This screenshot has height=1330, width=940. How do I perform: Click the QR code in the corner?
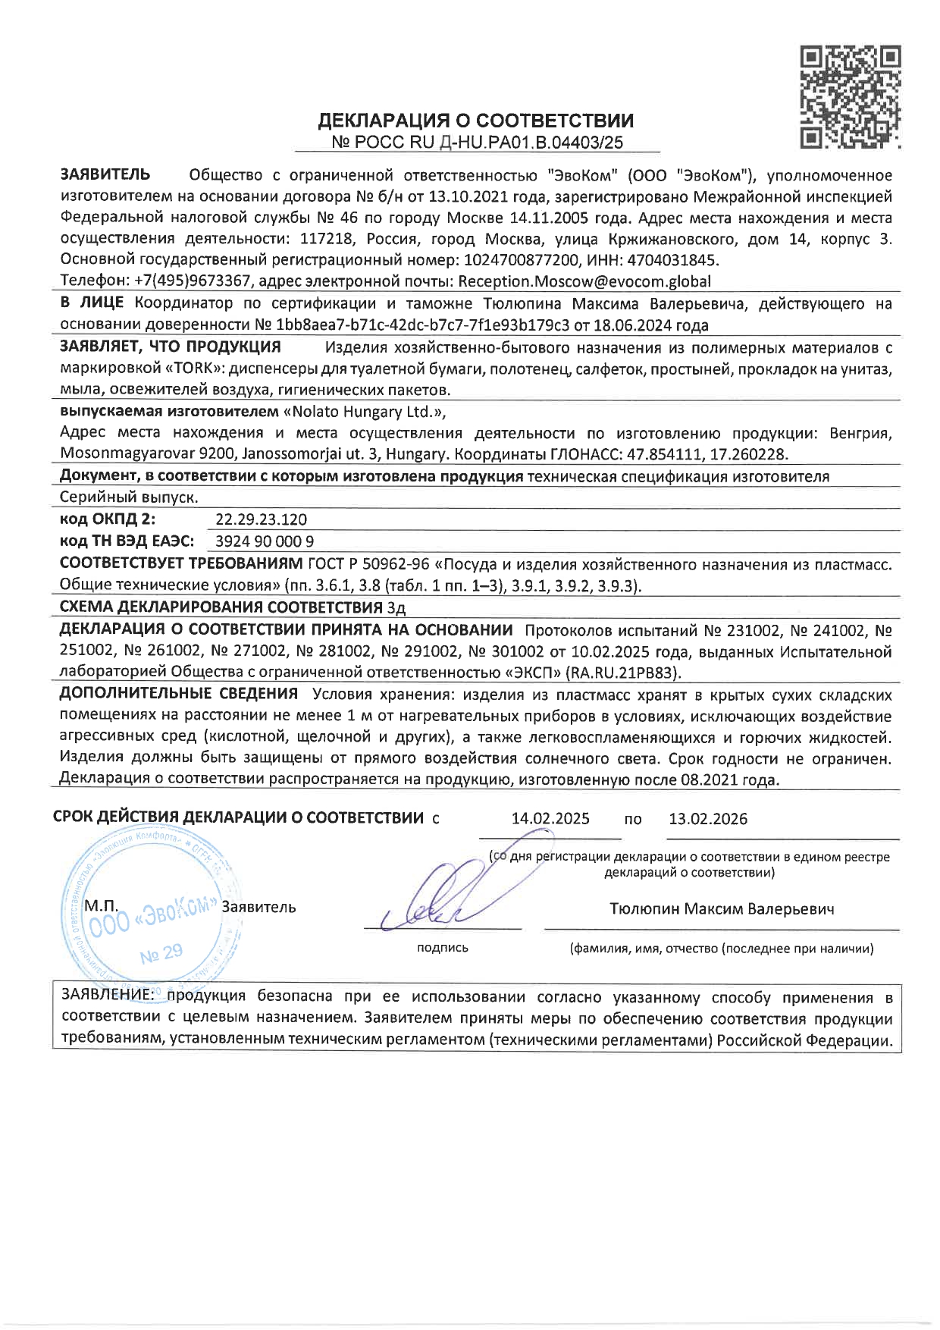click(851, 96)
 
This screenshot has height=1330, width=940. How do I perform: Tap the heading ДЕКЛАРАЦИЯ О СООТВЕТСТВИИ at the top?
click(475, 121)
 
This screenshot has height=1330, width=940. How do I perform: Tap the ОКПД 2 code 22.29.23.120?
click(262, 519)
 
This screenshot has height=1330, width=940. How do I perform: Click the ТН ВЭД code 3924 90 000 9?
click(265, 541)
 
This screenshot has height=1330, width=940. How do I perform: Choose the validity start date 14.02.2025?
click(550, 819)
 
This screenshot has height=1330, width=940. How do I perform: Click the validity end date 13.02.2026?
click(708, 819)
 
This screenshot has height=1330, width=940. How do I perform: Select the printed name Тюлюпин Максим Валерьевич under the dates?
click(722, 908)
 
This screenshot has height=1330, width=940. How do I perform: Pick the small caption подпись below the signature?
click(443, 948)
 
